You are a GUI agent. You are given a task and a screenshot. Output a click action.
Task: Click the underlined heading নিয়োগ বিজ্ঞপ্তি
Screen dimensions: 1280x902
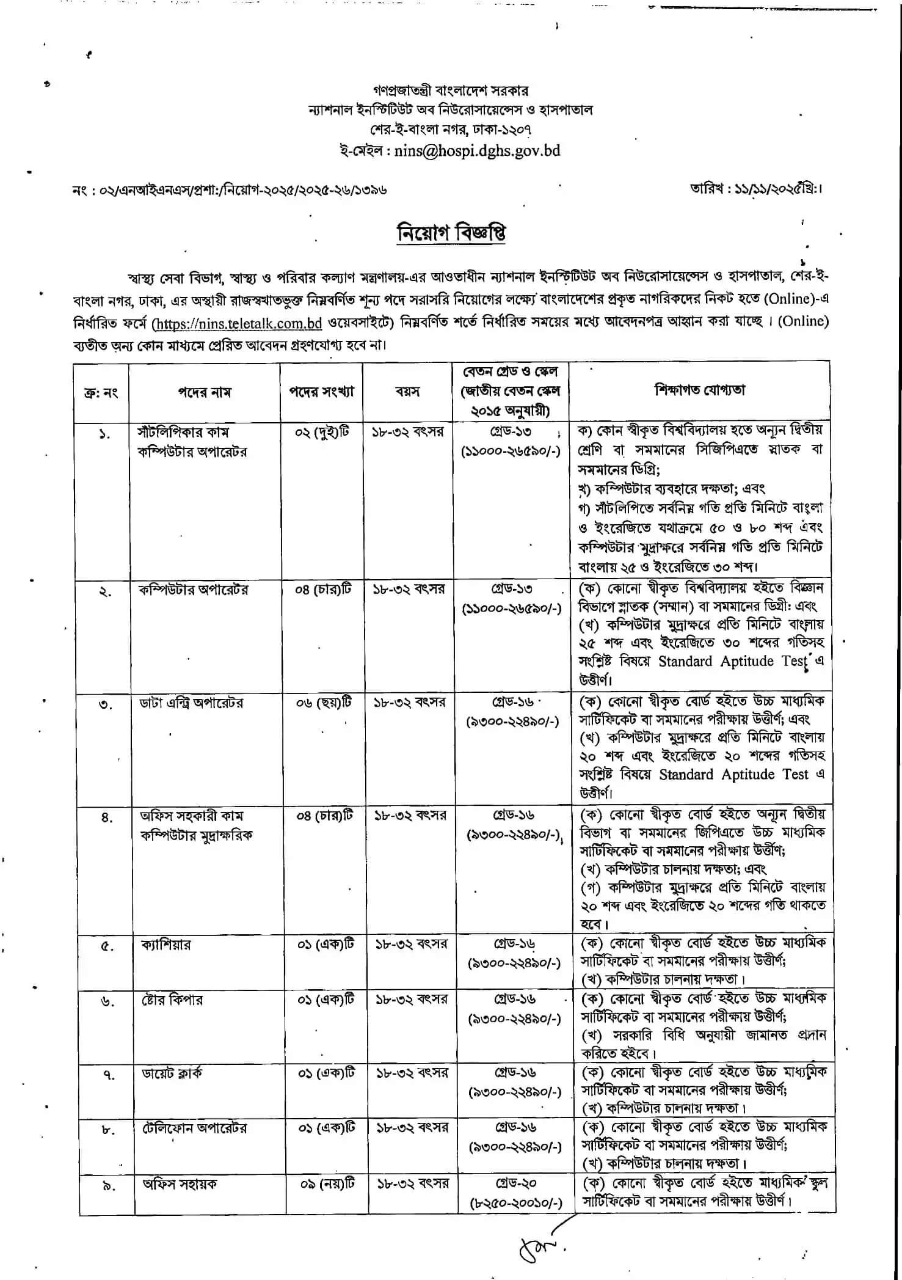coord(451,235)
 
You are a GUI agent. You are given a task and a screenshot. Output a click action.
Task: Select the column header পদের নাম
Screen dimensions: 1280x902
coord(204,392)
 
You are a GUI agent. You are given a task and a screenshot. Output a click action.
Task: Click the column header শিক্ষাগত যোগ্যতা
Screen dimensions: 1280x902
coord(700,390)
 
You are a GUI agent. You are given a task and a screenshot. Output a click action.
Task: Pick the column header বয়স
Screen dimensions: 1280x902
coord(407,391)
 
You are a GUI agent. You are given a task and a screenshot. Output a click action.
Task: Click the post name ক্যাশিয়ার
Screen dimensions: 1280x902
coord(165,945)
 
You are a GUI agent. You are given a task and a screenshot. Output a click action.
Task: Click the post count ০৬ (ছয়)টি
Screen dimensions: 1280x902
coord(324,703)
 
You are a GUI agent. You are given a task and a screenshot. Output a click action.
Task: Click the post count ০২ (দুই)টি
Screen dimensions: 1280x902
coord(323,432)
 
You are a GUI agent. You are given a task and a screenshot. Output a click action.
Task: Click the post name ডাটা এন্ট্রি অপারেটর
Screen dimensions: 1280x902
coord(191,703)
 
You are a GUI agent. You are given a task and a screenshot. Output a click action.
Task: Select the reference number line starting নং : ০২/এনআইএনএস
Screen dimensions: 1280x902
coord(229,190)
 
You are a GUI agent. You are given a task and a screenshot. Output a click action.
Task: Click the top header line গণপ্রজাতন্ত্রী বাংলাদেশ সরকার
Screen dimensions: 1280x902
coord(451,92)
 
